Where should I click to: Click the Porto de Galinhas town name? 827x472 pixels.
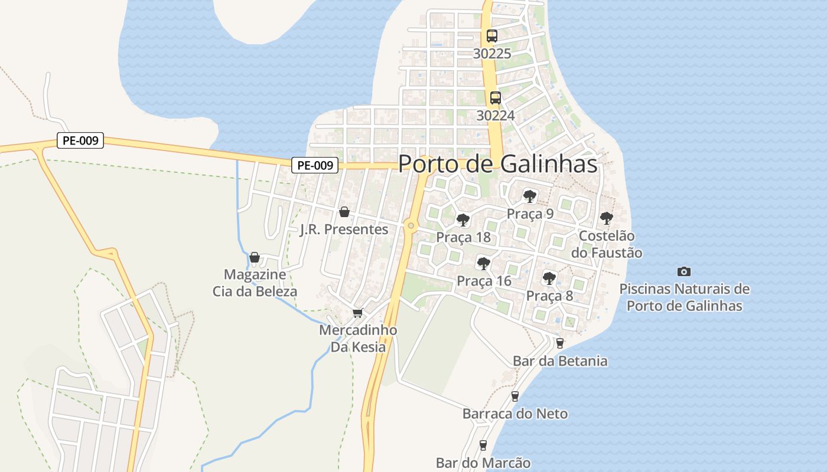[x=497, y=164]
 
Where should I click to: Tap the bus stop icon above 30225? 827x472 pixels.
[x=492, y=35]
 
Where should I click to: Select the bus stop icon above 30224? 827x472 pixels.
[x=495, y=98]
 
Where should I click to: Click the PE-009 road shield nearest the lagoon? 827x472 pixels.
[x=80, y=141]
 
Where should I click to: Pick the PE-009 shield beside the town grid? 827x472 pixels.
[x=315, y=166]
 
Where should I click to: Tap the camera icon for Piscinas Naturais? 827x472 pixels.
[x=684, y=271]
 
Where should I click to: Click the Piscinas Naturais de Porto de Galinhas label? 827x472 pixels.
[x=684, y=297]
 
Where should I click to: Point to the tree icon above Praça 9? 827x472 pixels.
[x=529, y=196]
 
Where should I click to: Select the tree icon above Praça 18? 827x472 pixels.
[x=463, y=220]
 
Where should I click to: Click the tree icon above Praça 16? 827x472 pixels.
[x=484, y=263]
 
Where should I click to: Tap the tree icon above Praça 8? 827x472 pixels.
[x=549, y=278]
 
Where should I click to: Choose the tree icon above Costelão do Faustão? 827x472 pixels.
[x=606, y=218]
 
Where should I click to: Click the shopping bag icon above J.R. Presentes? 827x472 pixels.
[x=344, y=212]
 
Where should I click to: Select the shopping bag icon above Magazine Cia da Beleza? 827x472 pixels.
[x=255, y=257]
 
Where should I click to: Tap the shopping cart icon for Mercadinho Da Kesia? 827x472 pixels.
[x=357, y=313]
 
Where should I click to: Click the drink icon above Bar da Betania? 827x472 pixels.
[x=560, y=343]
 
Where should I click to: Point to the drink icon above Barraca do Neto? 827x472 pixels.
[x=515, y=396]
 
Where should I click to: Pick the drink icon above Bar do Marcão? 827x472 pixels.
[x=483, y=445]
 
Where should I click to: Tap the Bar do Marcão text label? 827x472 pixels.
[x=483, y=463]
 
